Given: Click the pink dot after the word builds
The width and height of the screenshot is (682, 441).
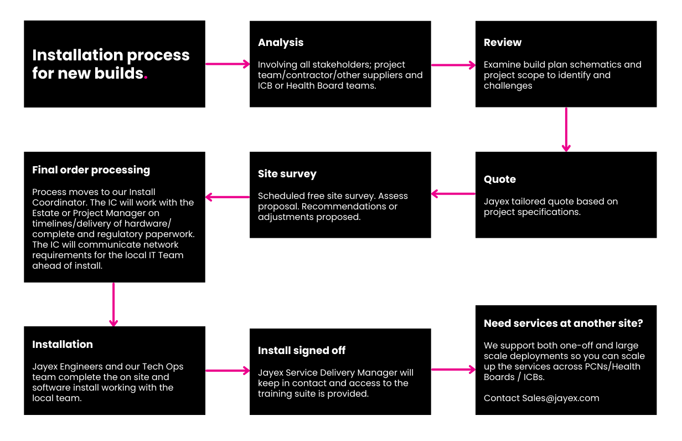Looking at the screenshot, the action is click(146, 78).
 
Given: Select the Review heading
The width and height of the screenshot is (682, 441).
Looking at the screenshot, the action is click(503, 42).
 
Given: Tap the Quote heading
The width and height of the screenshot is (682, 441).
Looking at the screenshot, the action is click(500, 180).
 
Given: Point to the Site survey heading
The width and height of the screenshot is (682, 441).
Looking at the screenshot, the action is click(287, 174).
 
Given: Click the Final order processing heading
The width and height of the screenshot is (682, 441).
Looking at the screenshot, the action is click(91, 170).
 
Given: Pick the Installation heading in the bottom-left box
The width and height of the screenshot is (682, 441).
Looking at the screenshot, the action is click(63, 345).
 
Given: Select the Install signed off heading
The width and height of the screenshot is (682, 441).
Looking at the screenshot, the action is click(301, 351).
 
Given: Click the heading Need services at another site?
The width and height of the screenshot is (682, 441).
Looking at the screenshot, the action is click(564, 324).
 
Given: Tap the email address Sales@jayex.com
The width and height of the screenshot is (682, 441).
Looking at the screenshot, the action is click(561, 398).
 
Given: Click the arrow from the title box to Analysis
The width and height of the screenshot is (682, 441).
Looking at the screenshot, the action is click(228, 64).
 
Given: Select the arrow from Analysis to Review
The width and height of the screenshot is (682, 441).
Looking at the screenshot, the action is click(453, 65).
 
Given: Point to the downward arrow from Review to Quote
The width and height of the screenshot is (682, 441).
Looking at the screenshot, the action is click(566, 130).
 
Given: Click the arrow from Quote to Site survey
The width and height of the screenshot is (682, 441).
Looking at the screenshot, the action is click(453, 194).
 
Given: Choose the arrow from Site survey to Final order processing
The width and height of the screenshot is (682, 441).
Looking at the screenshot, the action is click(228, 197).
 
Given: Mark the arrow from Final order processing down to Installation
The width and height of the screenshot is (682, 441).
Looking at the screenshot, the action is click(113, 305).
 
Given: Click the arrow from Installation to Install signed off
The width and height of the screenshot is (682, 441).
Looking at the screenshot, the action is click(228, 371).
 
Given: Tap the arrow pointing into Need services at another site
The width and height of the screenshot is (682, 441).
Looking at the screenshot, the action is click(453, 370).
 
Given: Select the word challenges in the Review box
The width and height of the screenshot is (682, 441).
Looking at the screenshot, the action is click(508, 86).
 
